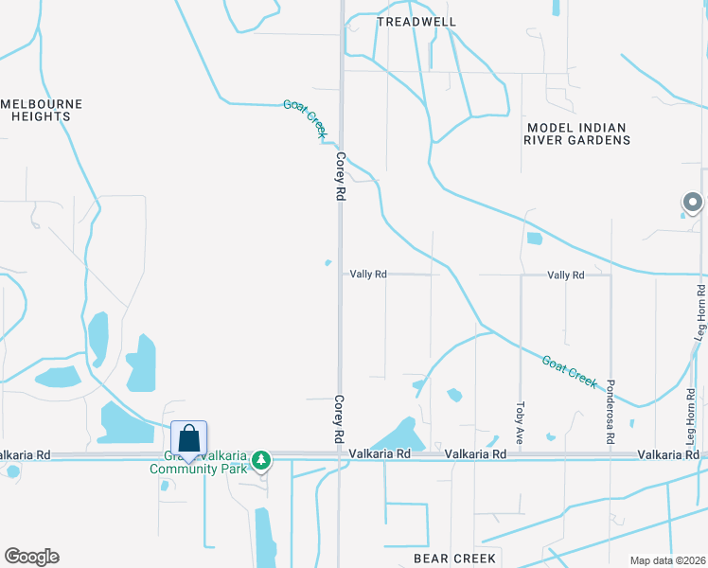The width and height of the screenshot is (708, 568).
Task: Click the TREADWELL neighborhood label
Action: click(416, 21)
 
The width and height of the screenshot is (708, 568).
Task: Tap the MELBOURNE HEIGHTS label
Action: click(42, 110)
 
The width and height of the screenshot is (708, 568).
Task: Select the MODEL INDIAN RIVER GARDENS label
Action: click(577, 133)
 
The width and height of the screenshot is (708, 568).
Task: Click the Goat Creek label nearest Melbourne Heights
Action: click(304, 119)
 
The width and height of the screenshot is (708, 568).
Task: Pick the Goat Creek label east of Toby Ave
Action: click(570, 371)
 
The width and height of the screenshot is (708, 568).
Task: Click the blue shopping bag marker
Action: click(188, 438)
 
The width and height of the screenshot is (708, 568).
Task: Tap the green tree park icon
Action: click(262, 461)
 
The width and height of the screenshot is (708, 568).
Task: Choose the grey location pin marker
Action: click(693, 203)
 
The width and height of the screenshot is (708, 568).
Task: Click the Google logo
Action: click(31, 557)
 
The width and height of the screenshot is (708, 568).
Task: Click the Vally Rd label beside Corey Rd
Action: click(368, 275)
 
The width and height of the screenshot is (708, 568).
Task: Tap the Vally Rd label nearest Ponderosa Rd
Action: click(566, 275)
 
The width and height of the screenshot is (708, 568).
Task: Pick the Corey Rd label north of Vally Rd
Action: click(339, 177)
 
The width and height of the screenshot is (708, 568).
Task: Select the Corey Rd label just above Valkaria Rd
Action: click(337, 419)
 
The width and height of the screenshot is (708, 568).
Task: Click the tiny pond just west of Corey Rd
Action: click(328, 263)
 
